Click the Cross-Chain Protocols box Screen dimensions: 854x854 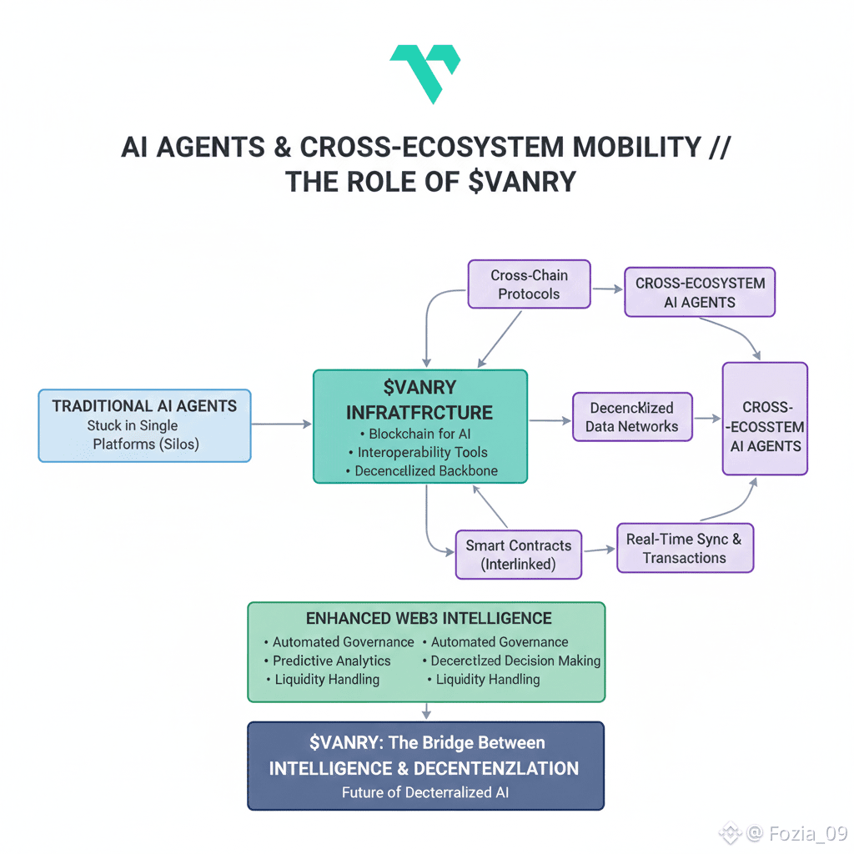529,284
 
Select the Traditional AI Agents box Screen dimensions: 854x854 144,424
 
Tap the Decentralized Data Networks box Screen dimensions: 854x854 633,417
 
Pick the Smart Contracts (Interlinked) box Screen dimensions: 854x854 518,555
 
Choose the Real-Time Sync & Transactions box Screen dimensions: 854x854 685,548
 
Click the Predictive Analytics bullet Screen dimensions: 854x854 332,661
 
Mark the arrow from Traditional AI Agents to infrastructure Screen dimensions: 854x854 282,424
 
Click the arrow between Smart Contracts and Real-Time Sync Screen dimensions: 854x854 598,550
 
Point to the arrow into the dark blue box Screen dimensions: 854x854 426,711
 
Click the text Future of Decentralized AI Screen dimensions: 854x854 425,792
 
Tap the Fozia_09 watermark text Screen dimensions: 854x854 807,832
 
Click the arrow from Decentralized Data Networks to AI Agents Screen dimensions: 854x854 707,418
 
